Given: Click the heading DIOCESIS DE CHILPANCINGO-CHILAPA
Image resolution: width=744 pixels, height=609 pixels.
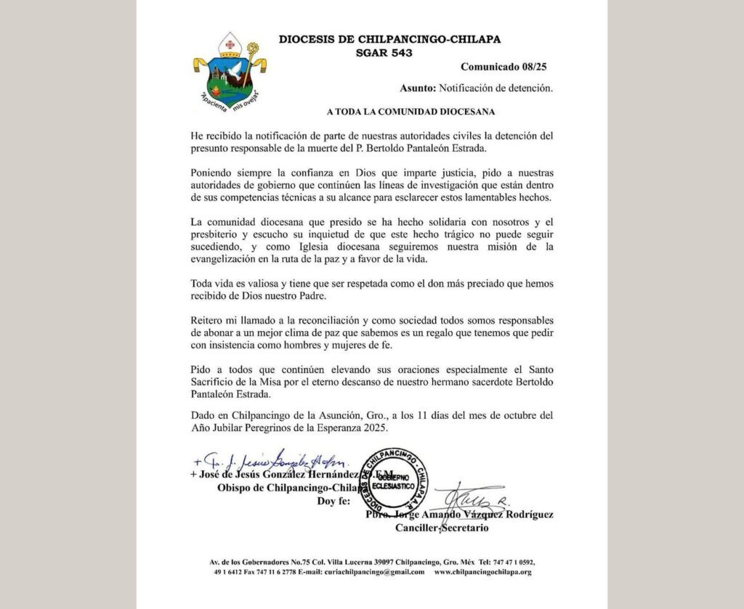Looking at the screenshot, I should [x=389, y=40].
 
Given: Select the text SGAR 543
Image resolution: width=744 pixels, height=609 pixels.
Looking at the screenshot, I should [x=389, y=53].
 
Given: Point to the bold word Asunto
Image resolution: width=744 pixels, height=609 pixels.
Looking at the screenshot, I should [x=417, y=89].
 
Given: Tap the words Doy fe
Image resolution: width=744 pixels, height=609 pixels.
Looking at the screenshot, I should [x=333, y=501].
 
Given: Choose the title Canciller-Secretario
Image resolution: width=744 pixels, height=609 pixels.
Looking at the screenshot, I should [x=441, y=527].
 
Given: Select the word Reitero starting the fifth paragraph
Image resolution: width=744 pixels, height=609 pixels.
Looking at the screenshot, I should [x=209, y=321].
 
